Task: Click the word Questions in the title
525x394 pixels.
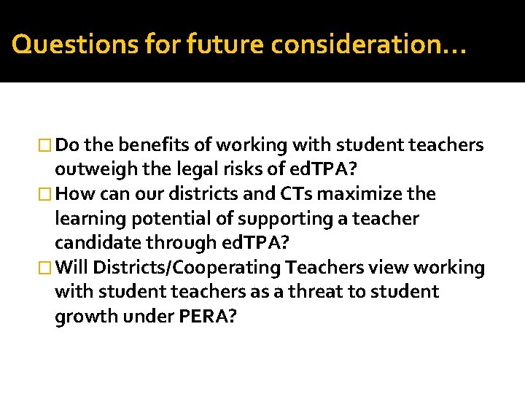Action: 60,45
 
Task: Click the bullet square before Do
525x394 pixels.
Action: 47,146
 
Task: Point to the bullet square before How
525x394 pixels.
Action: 47,195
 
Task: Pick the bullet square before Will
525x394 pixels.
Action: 47,269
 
